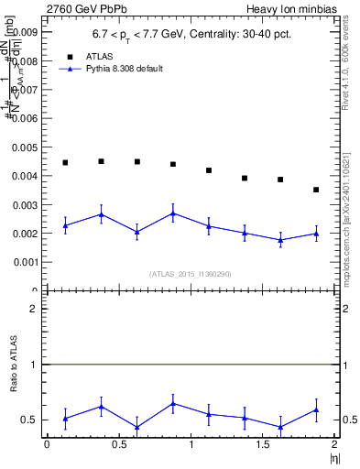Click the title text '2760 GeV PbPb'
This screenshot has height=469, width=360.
click(x=41, y=7)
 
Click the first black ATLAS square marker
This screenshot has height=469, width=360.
click(x=65, y=162)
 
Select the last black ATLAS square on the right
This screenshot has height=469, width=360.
click(x=316, y=190)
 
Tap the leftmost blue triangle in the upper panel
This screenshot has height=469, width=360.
click(x=65, y=225)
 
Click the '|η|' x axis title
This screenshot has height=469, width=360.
click(x=333, y=458)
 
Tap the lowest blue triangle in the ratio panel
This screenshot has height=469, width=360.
click(x=136, y=427)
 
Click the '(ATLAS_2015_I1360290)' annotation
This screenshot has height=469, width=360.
click(x=191, y=273)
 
